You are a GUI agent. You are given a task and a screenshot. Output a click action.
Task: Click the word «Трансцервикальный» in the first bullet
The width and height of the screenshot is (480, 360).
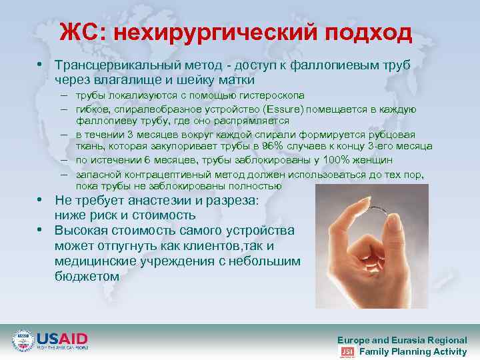(x=115, y=66)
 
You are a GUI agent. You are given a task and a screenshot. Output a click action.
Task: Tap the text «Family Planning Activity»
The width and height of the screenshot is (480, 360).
(x=413, y=351)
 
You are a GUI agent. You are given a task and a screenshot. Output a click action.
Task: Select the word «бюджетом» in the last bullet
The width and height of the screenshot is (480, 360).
(x=87, y=276)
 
